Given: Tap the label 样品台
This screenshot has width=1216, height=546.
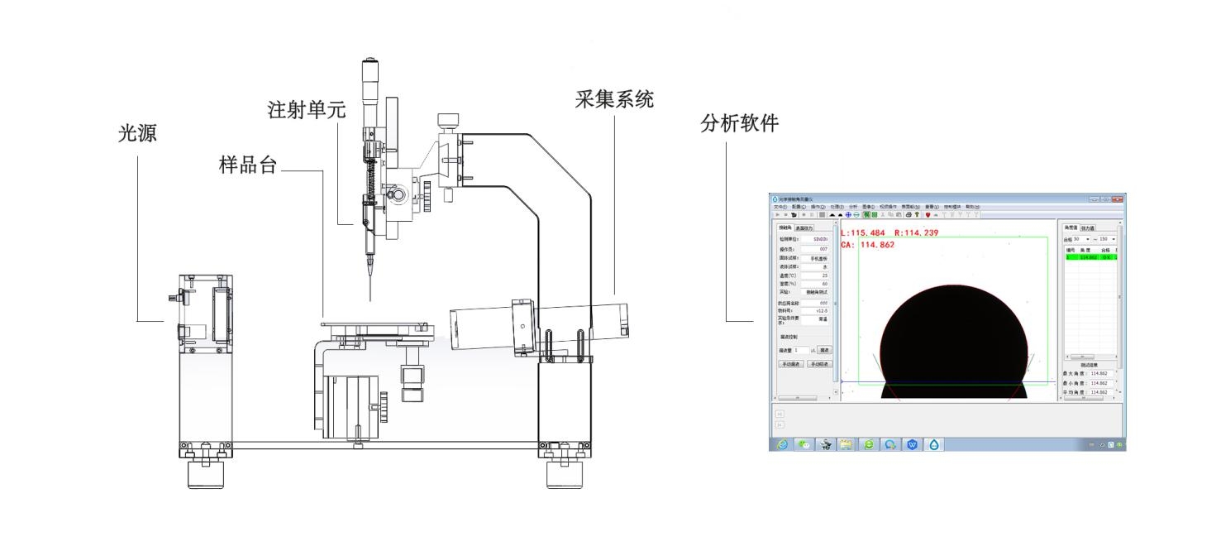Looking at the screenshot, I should (x=246, y=163).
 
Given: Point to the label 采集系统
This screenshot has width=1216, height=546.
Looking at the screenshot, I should (x=614, y=99).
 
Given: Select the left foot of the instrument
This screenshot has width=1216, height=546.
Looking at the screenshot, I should (x=204, y=474).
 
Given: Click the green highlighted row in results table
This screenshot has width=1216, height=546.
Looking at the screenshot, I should (x=1089, y=257).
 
